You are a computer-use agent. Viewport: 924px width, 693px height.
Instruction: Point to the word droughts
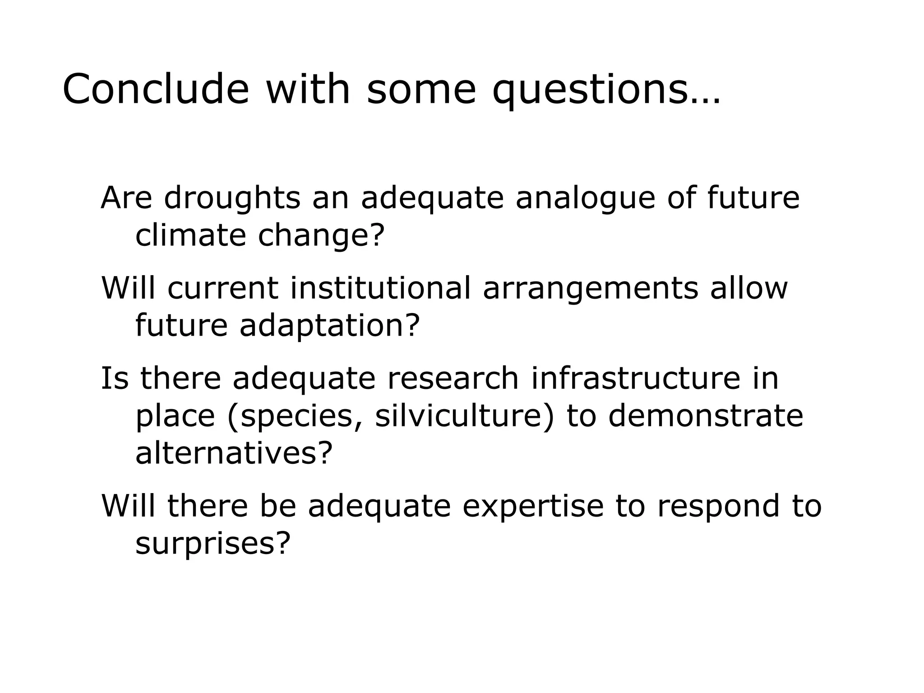[232, 199]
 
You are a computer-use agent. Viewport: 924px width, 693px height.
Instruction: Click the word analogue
[585, 199]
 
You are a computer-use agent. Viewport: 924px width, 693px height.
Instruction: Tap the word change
[320, 236]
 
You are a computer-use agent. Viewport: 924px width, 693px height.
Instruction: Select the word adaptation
[329, 326]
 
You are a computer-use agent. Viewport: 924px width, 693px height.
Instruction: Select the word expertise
[533, 506]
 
